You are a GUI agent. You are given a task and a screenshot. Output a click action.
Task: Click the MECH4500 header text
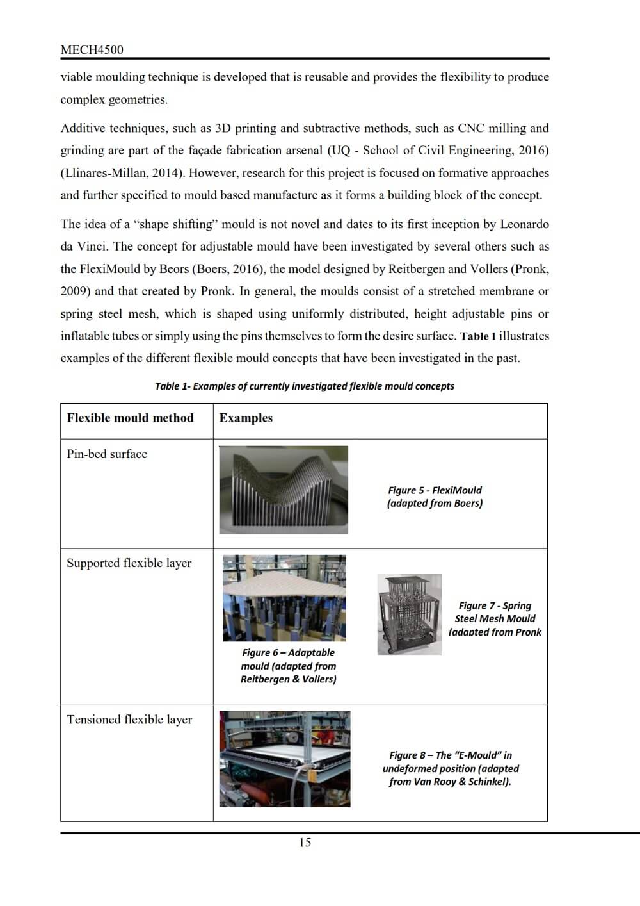92,49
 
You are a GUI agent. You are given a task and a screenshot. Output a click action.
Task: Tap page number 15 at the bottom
305,843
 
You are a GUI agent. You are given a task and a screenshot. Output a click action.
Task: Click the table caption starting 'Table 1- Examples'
305,386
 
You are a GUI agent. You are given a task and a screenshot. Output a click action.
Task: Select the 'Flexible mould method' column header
130,418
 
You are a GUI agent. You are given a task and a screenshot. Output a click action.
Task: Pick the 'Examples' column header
246,418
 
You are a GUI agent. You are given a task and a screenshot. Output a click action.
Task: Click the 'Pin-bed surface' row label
107,454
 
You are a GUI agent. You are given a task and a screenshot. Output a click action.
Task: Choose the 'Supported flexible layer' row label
129,563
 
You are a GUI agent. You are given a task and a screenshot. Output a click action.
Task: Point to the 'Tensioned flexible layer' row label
129,719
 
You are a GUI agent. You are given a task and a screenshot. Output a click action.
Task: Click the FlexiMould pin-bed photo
284,490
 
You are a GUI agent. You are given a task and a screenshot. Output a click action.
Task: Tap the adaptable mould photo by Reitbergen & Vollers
284,598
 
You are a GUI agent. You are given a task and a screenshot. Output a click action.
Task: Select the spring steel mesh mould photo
409,614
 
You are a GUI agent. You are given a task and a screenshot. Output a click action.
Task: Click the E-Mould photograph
285,759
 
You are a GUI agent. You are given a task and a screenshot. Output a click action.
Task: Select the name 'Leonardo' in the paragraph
524,224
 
